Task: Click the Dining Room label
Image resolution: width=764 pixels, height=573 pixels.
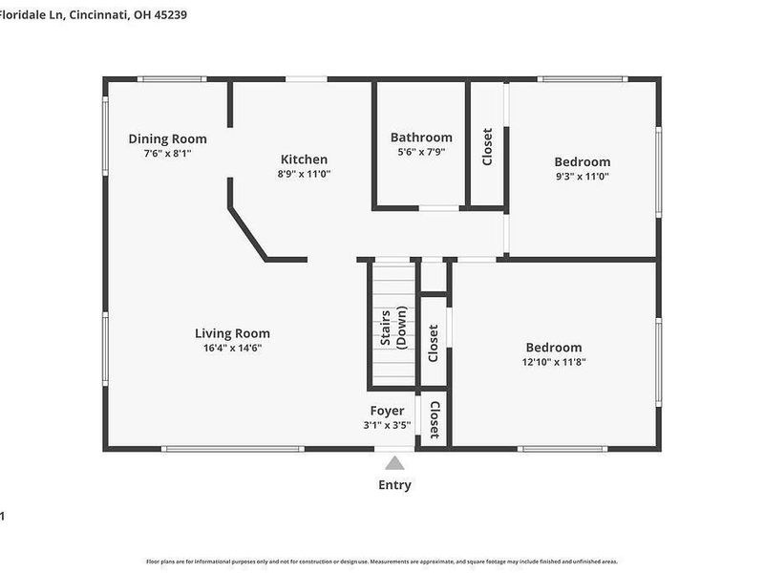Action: (x=167, y=138)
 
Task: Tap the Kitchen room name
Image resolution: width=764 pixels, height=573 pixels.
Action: (x=304, y=159)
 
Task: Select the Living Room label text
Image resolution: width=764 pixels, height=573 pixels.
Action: (x=232, y=333)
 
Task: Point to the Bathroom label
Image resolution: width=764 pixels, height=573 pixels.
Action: (x=421, y=138)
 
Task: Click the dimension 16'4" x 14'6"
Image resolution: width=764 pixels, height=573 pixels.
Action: (x=232, y=348)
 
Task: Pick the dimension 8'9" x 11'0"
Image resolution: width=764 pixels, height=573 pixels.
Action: (x=304, y=174)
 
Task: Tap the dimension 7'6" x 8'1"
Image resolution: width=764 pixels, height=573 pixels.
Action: (x=167, y=153)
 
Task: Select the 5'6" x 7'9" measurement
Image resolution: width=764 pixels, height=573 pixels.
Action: (x=421, y=151)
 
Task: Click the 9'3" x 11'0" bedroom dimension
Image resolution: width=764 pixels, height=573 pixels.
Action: (x=582, y=176)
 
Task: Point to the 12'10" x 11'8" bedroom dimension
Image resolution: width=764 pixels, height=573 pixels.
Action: (x=553, y=362)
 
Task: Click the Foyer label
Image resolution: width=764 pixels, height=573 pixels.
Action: (x=387, y=411)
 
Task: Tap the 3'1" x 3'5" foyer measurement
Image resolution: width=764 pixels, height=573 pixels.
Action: (x=387, y=425)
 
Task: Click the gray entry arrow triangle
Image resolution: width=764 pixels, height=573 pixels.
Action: (x=394, y=463)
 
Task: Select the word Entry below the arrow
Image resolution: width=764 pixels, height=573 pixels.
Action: (x=394, y=485)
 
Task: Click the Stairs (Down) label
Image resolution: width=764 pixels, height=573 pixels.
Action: (x=393, y=328)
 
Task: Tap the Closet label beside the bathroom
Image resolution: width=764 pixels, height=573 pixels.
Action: (x=487, y=147)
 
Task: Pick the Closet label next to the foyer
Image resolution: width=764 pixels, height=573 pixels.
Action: (x=434, y=419)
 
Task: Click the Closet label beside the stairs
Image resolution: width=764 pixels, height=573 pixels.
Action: (x=434, y=343)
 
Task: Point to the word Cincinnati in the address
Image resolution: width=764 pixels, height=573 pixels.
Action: (x=101, y=13)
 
